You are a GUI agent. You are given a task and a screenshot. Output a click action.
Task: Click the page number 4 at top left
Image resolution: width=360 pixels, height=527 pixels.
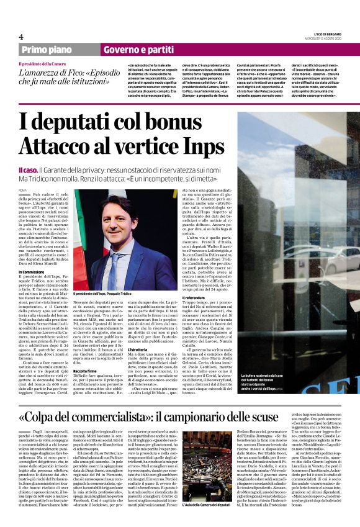tap(21, 37)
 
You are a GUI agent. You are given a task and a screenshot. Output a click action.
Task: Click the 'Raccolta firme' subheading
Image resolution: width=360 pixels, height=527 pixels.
tap(86, 353)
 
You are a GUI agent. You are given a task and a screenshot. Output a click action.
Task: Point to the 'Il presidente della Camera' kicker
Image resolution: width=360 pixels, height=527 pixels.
tap(42, 63)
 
